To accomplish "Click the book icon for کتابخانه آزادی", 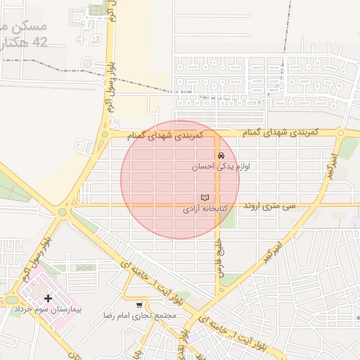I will pyautogui.click(x=205, y=198).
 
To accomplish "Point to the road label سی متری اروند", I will pyautogui.click(x=271, y=207).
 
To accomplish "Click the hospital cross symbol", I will pyautogui.click(x=48, y=299).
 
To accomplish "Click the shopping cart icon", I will pyautogui.click(x=140, y=304).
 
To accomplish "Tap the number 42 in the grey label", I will pyautogui.click(x=40, y=42).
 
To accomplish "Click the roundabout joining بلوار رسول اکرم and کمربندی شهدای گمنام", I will pyautogui.click(x=105, y=134).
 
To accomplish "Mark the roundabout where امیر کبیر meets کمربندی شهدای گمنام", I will pyautogui.click(x=341, y=132).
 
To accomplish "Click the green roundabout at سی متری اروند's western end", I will pyautogui.click(x=62, y=211).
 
